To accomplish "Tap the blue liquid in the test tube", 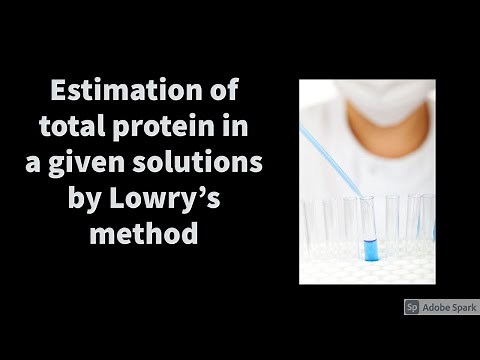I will point(371,246).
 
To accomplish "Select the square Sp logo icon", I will point(411,307).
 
